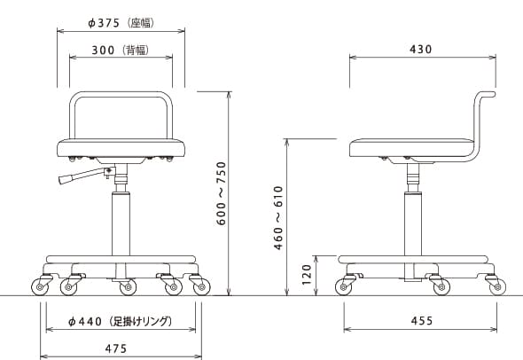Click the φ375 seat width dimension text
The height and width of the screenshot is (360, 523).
[104, 23]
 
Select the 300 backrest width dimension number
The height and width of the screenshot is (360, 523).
[103, 51]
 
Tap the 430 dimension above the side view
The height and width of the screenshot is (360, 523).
[420, 50]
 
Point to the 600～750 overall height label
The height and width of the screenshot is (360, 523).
[221, 193]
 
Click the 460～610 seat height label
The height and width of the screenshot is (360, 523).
[278, 218]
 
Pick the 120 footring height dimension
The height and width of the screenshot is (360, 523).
[306, 275]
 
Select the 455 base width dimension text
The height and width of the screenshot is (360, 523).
[422, 321]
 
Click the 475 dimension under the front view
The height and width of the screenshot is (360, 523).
[116, 348]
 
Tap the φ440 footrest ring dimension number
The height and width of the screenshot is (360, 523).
[85, 322]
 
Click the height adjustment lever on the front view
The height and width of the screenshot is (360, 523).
[86, 176]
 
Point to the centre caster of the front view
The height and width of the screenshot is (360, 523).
[128, 287]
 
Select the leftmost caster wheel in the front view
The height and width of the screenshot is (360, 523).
[40, 287]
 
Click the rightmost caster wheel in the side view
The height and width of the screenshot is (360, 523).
[497, 287]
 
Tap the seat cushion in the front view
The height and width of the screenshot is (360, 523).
[121, 148]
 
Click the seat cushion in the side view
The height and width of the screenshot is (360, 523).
[411, 148]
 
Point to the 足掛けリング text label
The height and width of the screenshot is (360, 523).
[140, 322]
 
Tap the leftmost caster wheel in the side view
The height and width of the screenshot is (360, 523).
[344, 287]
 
